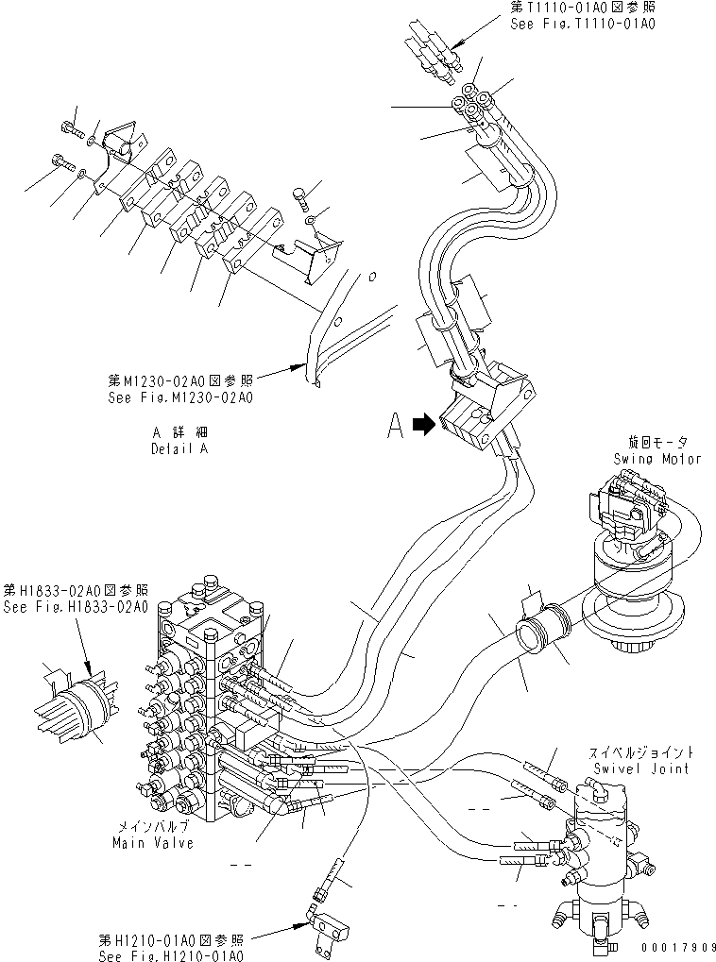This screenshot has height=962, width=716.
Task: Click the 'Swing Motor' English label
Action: coord(656,459)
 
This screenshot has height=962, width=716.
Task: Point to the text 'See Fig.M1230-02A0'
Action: coord(180,397)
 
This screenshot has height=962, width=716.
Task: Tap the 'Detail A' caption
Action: coord(179,448)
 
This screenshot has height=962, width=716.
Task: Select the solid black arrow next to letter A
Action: coord(424,427)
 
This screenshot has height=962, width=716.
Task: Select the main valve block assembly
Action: coord(208,708)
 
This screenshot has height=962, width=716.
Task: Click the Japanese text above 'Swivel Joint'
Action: coord(642,752)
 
